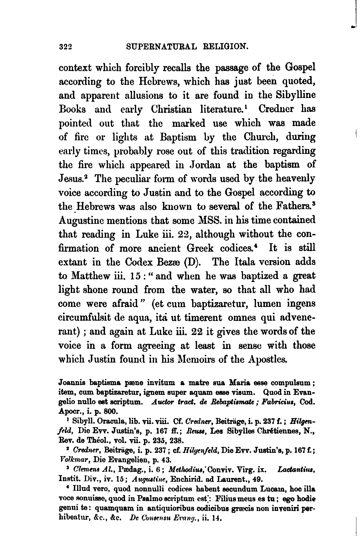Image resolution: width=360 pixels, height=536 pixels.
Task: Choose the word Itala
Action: click(x=246, y=262)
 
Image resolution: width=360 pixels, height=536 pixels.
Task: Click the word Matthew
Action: click(x=90, y=276)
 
